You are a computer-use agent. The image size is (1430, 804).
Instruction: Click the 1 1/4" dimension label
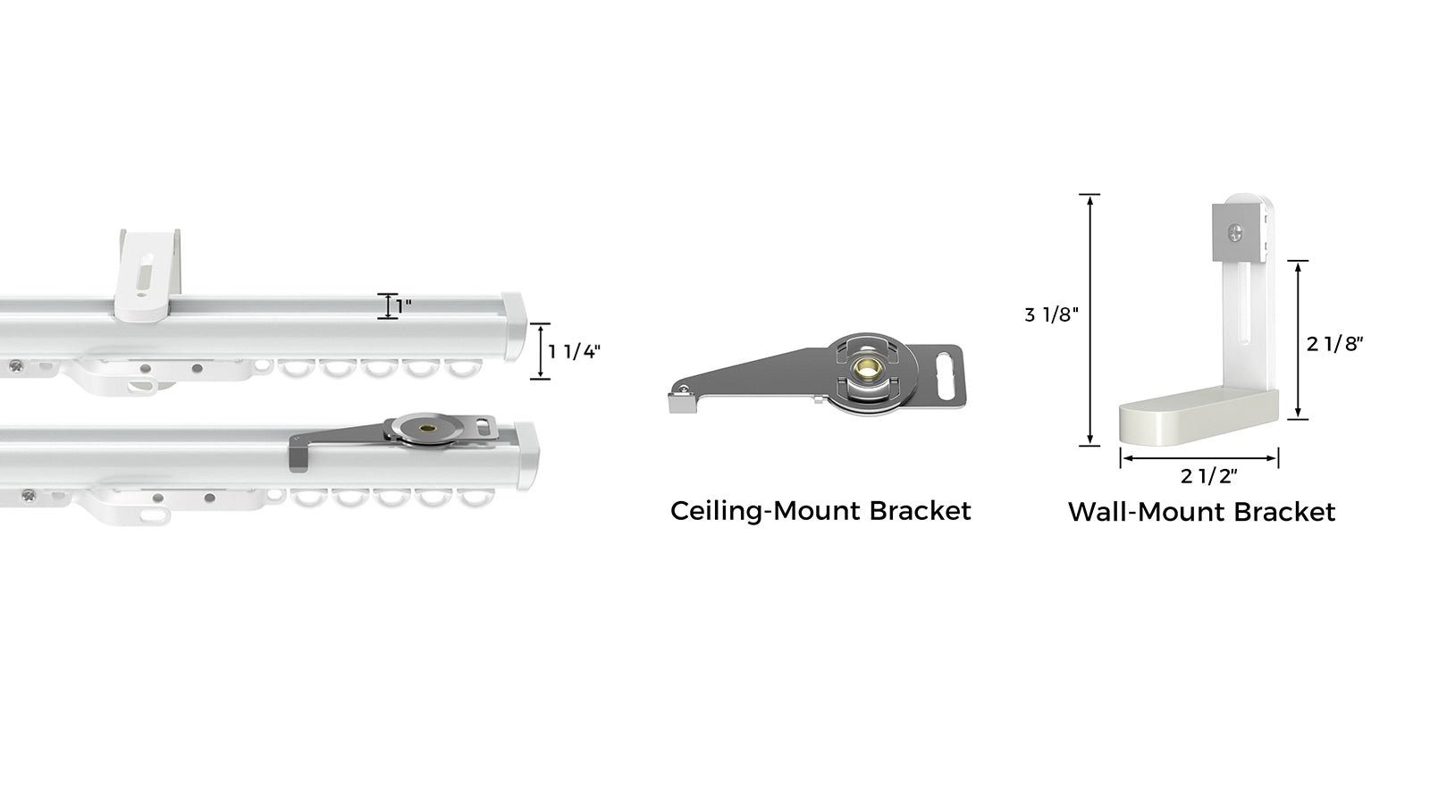pyautogui.click(x=575, y=352)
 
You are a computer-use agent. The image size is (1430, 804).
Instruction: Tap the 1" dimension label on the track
pyautogui.click(x=403, y=306)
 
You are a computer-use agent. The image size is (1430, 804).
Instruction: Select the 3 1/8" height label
pyautogui.click(x=1051, y=314)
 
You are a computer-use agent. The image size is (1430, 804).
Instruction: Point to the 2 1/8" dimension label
pyautogui.click(x=1335, y=344)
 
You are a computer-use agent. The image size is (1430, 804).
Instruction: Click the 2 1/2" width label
pyautogui.click(x=1208, y=476)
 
